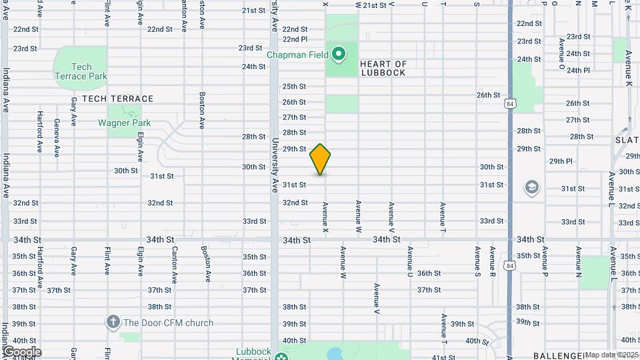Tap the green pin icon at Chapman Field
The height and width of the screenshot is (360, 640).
click(x=339, y=53)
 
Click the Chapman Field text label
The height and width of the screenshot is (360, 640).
click(x=298, y=55)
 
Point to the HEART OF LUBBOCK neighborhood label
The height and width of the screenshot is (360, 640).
click(x=383, y=68)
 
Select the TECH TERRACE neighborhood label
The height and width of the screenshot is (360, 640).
click(x=118, y=99)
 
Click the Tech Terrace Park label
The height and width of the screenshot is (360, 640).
click(x=81, y=71)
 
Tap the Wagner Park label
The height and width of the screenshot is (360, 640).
click(x=125, y=123)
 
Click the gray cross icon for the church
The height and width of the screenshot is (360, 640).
click(x=113, y=323)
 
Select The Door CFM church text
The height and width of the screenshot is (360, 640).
click(x=168, y=323)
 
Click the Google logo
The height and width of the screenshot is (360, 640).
click(x=21, y=352)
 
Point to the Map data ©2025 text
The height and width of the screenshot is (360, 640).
click(x=611, y=355)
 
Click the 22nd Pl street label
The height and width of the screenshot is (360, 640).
click(x=294, y=39)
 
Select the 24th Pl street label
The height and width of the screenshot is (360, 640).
click(x=578, y=70)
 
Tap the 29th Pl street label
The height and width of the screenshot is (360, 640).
click(x=561, y=161)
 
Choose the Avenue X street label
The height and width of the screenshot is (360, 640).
click(x=326, y=217)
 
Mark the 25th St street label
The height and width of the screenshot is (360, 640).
click(x=294, y=87)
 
